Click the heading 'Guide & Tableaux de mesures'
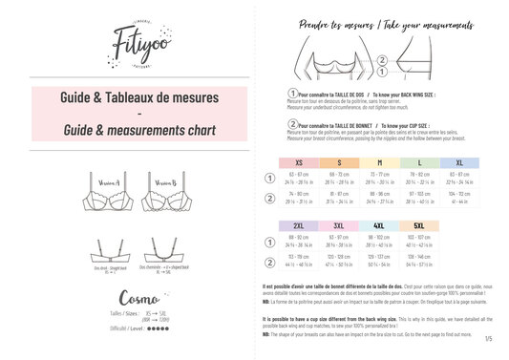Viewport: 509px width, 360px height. click(x=127, y=97)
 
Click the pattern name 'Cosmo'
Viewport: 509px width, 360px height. click(x=127, y=300)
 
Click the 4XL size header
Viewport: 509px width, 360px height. click(x=378, y=225)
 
